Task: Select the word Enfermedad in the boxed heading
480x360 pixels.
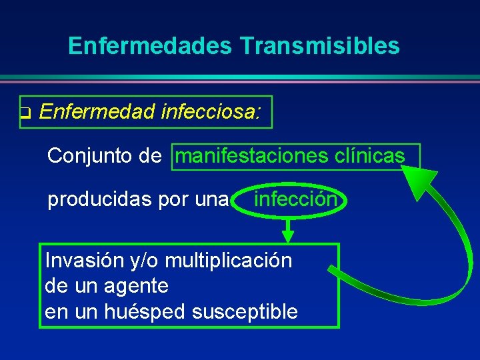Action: pyautogui.click(x=97, y=113)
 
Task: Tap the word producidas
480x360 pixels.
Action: pyautogui.click(x=100, y=199)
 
